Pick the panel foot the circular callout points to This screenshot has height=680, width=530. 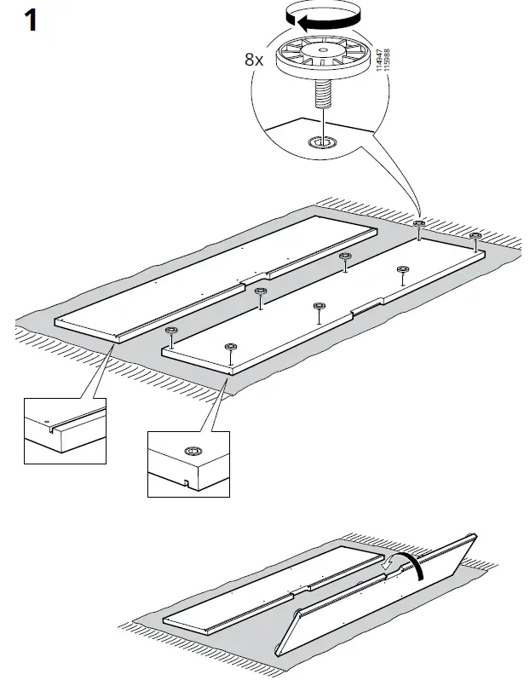pyautogui.click(x=419, y=224)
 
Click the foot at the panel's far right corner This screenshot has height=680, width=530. pyautogui.click(x=475, y=235)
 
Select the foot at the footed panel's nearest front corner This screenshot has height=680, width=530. pyautogui.click(x=228, y=347)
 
